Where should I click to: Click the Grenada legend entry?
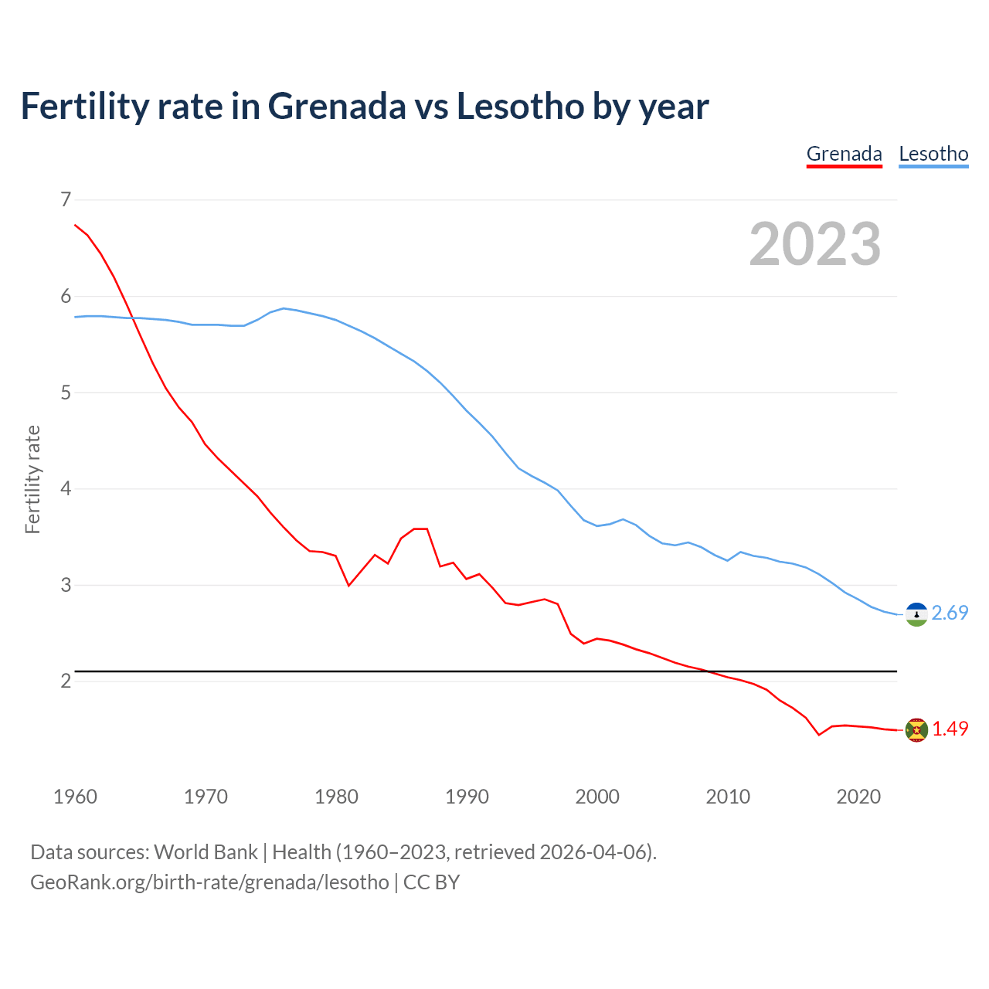point(844,154)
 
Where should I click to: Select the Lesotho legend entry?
point(933,154)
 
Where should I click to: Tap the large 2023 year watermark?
point(815,244)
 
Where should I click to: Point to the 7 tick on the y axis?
point(65,200)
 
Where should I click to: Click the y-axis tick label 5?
point(65,393)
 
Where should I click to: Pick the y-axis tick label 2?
point(65,681)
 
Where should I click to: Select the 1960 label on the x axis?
point(75,797)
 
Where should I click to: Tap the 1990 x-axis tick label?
point(467,797)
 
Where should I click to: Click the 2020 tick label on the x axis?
point(858,797)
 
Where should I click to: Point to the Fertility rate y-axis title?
point(32,479)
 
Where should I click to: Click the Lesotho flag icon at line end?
point(916,614)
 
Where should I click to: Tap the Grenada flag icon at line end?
point(916,729)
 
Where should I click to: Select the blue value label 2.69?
point(950,613)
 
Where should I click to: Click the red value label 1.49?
point(950,729)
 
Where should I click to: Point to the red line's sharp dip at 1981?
point(348,586)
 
